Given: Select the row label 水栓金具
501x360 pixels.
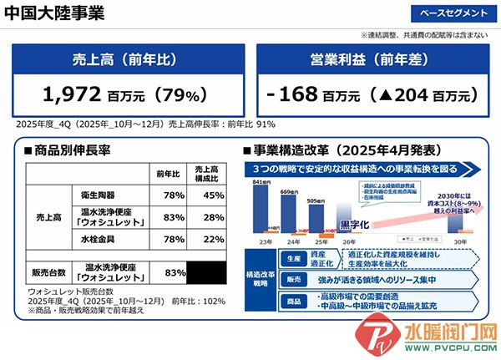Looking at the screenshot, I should pos(108,241).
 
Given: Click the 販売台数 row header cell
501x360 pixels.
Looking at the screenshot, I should pos(48,272).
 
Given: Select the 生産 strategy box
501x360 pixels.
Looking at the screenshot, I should pos(292,259).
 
